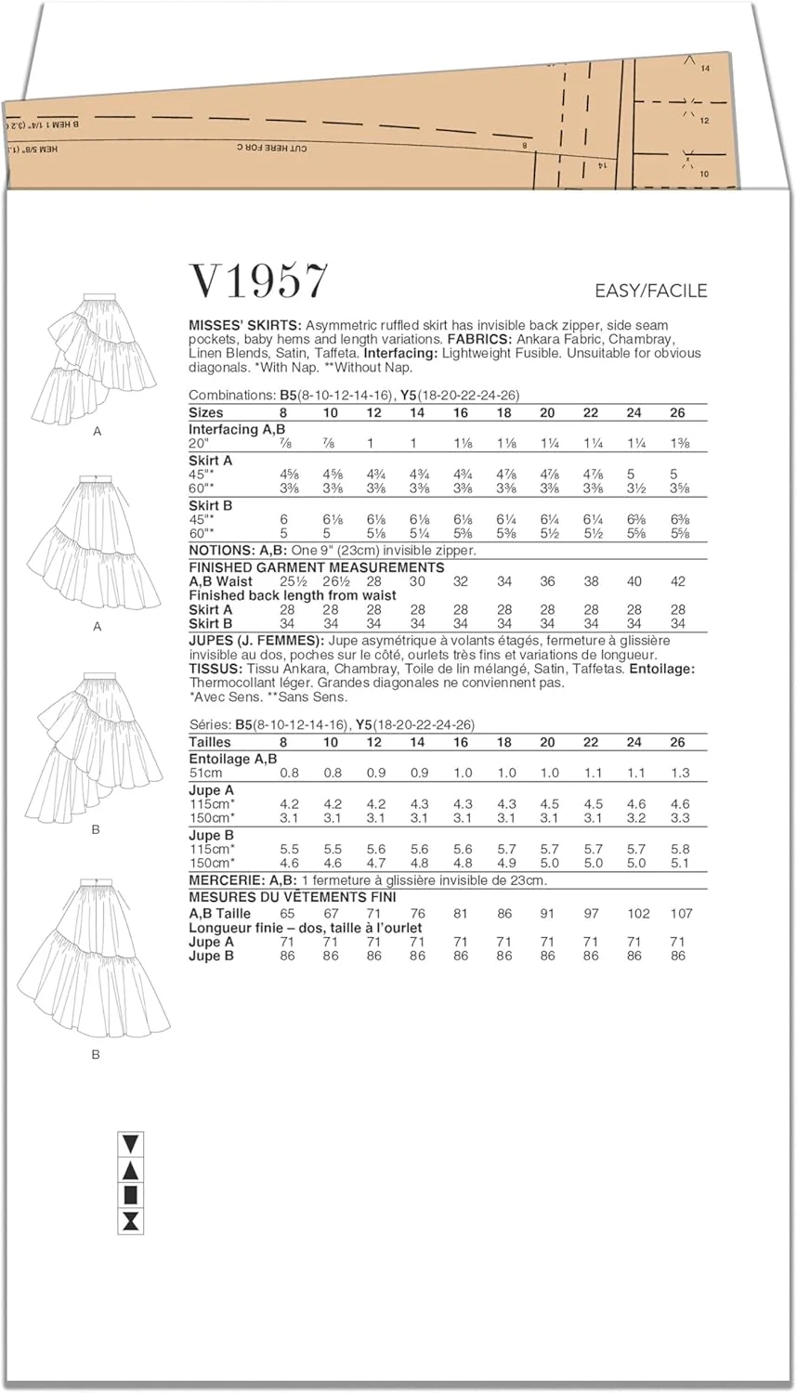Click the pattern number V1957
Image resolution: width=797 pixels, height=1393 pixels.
258,280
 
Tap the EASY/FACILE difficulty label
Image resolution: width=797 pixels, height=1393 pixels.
650,291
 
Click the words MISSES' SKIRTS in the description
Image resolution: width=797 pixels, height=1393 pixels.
244,326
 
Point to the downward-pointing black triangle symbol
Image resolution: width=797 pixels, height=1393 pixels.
131,1143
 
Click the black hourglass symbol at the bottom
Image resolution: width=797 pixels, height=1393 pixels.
131,1220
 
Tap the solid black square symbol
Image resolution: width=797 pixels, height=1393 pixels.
131,1194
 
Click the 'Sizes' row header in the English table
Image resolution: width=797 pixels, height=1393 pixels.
206,412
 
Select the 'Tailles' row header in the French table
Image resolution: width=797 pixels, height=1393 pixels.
210,742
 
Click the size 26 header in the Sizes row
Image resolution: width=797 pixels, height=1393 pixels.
677,412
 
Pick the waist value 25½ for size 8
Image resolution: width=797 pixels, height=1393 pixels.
288,581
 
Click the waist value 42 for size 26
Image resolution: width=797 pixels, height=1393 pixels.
677,581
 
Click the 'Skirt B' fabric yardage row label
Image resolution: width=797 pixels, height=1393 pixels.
211,505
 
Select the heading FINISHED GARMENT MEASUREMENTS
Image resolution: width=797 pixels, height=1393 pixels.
316,567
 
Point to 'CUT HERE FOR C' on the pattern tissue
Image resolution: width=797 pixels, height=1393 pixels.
270,148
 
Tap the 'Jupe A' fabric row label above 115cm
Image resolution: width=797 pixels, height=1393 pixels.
211,790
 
